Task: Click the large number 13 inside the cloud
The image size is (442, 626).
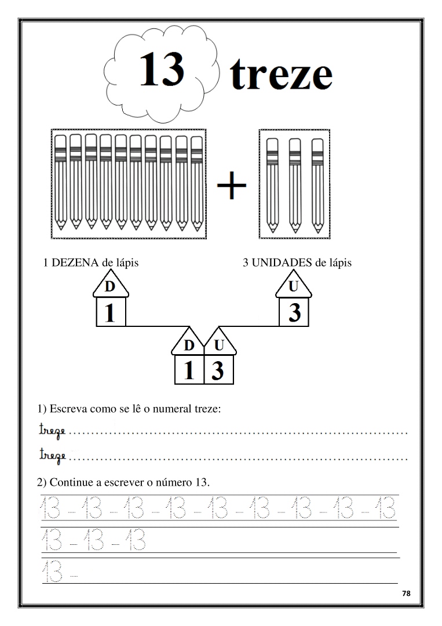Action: point(162,69)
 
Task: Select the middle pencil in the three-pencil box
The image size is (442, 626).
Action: point(295,184)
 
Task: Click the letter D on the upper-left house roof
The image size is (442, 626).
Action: point(110,287)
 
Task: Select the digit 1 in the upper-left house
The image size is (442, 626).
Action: point(109,313)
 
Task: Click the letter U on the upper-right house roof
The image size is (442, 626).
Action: point(294,287)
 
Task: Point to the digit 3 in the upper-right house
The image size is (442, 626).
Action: point(294,313)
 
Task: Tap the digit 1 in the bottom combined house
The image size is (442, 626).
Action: point(189,370)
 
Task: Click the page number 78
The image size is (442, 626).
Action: point(406,594)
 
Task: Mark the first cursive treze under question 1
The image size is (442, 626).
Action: point(52,431)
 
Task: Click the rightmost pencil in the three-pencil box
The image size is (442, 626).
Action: point(317,184)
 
